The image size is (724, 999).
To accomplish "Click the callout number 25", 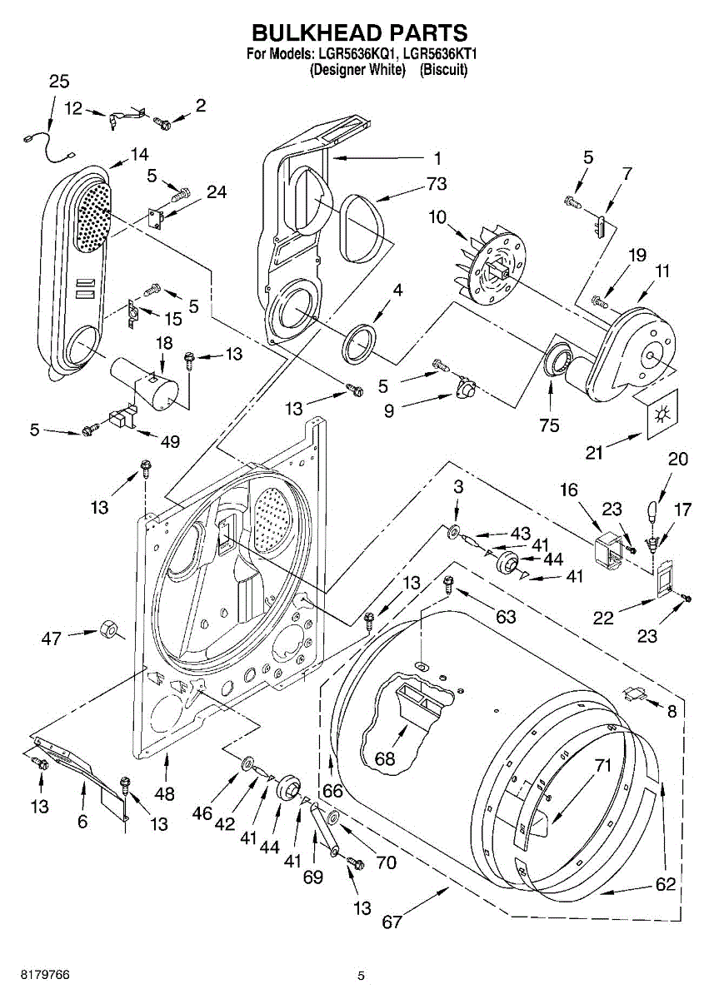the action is coord(59,82).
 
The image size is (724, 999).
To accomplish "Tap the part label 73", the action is coord(436,184).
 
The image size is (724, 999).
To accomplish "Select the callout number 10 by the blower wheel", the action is coord(437,217).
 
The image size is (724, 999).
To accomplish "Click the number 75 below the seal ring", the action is coord(549,425).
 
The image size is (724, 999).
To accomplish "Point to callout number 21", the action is coord(594,453).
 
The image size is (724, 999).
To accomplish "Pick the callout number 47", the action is coord(51,639).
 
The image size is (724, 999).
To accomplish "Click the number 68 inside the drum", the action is coord(385,758).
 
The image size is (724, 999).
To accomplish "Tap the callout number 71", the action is coord(602,765).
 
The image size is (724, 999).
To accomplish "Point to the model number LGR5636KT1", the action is coord(440,54).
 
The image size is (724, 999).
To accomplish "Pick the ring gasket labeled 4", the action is coord(358,341).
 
